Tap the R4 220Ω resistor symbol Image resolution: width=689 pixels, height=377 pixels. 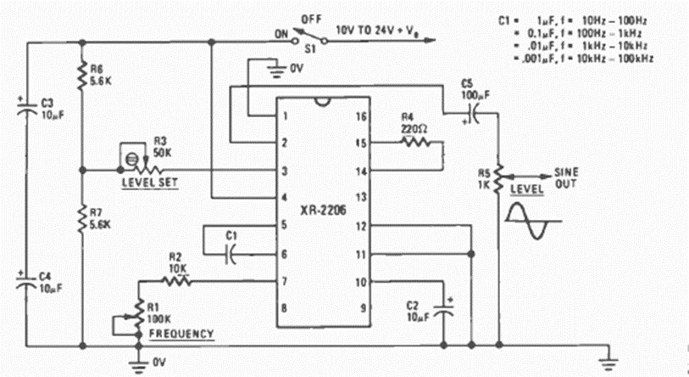pos(415,142)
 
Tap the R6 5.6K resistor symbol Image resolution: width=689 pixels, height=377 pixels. pos(83,78)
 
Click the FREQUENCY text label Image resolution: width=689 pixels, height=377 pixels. pos(181,334)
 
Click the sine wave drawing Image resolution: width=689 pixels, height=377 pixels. pos(532,216)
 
